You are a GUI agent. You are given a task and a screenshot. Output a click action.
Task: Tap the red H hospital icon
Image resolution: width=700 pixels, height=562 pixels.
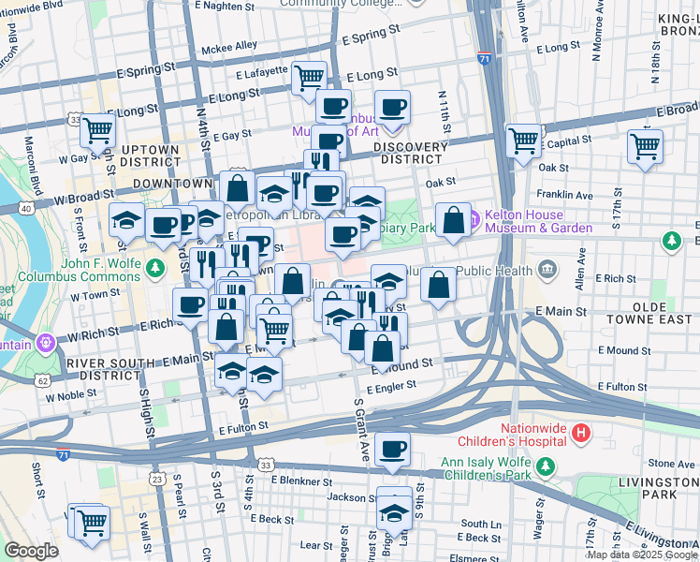point(581,434)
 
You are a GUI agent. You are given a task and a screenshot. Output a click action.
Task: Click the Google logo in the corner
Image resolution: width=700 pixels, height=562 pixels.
point(32,551)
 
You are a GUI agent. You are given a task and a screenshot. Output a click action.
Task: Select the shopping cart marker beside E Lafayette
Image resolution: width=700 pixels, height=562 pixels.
point(308,79)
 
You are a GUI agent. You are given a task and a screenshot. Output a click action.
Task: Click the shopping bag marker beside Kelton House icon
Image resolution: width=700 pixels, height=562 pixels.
point(454,222)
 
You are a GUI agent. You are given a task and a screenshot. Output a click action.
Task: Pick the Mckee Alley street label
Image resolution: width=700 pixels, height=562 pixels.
point(233,45)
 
